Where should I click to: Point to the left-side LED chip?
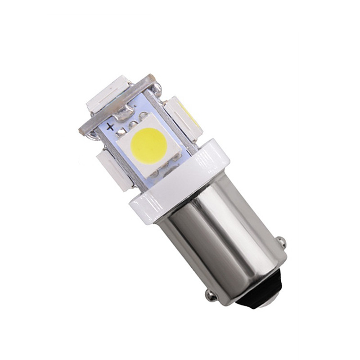(114, 168)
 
